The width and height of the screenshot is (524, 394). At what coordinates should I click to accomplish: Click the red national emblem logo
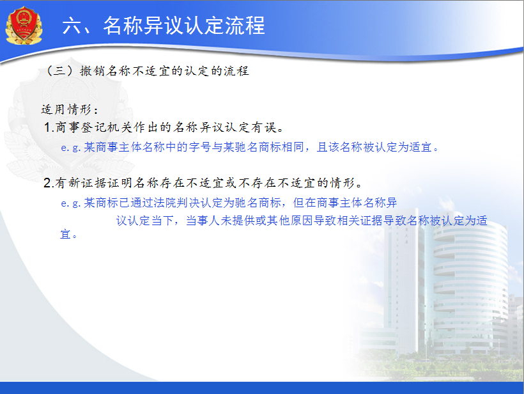click(24, 26)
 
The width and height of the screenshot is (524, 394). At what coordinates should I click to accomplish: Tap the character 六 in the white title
click(72, 26)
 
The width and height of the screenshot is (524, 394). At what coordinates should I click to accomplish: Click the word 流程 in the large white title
click(245, 26)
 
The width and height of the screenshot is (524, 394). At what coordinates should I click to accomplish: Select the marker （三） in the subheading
click(59, 70)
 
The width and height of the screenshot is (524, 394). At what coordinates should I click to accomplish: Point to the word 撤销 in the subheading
click(91, 70)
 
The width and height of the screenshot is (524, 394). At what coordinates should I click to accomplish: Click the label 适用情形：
click(70, 109)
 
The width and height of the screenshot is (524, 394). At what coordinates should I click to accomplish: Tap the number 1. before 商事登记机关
click(49, 127)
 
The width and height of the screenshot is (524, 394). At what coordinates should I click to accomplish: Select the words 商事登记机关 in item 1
click(94, 127)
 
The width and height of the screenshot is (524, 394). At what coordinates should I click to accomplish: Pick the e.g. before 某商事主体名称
click(71, 148)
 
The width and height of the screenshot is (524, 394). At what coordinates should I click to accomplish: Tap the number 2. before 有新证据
click(49, 183)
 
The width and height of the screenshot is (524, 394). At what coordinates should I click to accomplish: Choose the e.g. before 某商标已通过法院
click(71, 203)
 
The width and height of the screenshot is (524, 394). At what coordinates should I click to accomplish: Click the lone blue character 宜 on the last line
click(65, 234)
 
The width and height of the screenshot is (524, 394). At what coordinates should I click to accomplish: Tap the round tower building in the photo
click(470, 288)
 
